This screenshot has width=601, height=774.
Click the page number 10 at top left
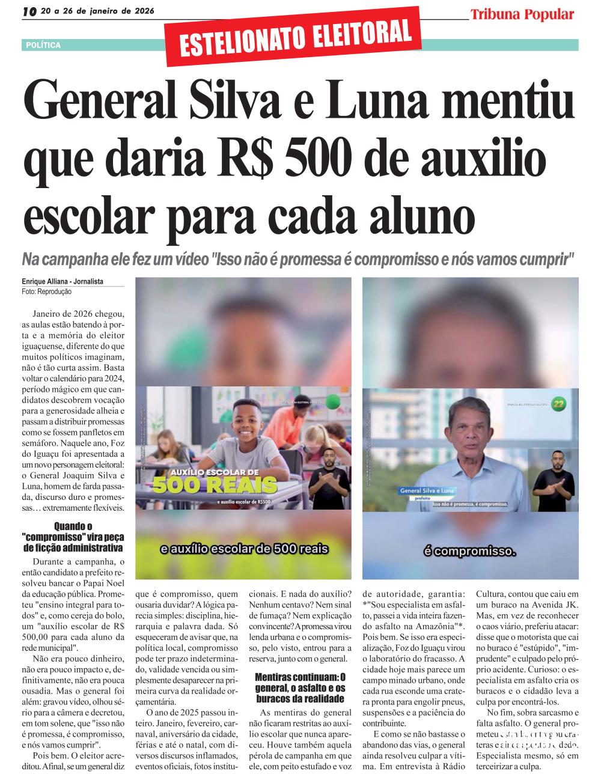pos(29,11)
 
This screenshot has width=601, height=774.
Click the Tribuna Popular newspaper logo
pos(522,14)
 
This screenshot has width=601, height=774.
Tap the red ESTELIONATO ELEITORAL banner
pos(296,37)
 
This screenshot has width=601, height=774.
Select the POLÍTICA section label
pos(43,45)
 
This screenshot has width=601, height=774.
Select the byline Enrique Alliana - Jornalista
pos(63,281)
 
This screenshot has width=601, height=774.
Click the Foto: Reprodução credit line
pos(46,291)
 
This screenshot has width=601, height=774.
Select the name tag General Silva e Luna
pos(427,491)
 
